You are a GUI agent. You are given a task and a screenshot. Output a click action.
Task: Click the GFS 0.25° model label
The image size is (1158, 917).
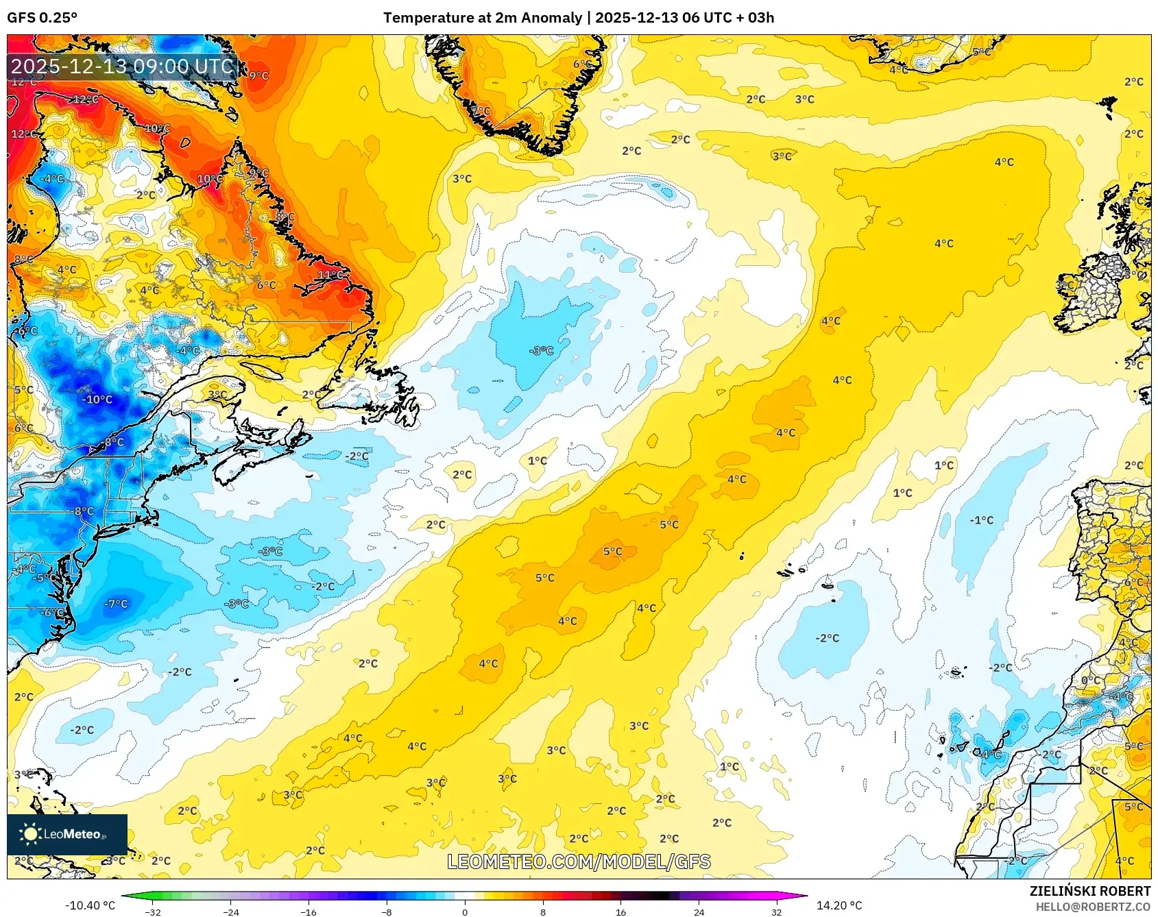42,17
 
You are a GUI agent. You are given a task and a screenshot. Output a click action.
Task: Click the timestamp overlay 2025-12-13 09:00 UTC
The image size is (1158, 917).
122,66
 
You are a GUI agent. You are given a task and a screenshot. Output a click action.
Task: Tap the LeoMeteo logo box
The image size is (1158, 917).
67,834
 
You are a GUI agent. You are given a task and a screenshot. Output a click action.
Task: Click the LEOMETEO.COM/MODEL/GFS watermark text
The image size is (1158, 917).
579,861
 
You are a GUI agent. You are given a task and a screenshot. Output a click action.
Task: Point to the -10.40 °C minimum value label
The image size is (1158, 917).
90,905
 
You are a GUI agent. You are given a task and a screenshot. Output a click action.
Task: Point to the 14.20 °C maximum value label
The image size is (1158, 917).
839,905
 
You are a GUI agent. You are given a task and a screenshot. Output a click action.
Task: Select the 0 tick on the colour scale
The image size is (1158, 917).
465,912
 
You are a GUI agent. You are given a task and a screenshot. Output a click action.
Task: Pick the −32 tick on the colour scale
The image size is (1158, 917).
154,912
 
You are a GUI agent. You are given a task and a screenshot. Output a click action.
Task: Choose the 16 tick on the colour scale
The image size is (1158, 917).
620,912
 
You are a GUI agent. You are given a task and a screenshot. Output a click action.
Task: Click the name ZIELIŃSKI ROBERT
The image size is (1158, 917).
1089,891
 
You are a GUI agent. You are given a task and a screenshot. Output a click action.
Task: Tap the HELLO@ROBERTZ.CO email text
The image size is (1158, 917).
1092,907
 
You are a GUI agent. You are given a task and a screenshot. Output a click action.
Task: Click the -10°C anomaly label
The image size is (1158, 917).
97,400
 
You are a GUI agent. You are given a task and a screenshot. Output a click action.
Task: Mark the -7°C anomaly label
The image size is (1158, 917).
116,604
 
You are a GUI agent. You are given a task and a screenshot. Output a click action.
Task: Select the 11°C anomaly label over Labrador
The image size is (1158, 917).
330,275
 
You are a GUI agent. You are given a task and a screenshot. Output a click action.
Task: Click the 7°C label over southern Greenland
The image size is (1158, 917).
481,110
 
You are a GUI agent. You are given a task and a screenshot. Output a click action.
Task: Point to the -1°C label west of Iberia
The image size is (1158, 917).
981,520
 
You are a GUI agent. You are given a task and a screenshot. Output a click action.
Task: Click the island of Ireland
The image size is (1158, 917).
1092,295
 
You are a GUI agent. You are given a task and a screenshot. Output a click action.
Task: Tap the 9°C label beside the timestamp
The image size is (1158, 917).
258,75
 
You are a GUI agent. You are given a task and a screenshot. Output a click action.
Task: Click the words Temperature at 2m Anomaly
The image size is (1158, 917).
482,17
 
